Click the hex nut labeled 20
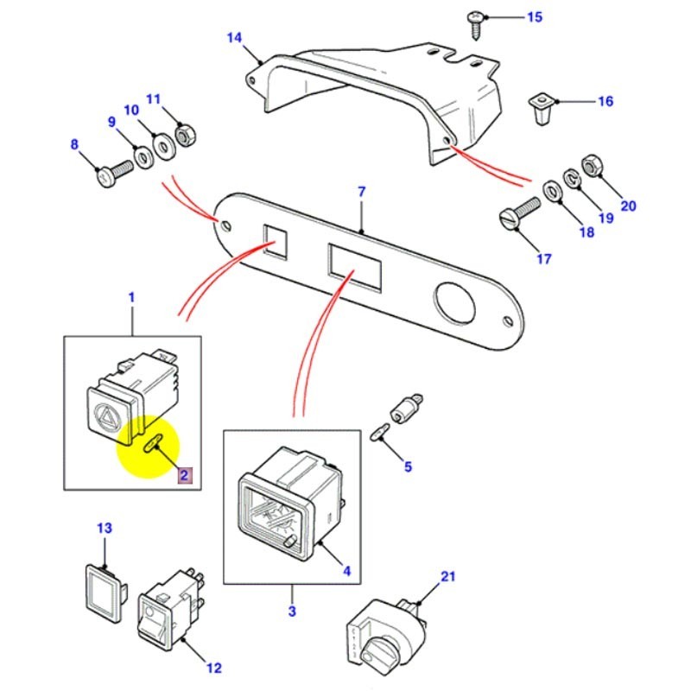593,164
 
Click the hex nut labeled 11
184,134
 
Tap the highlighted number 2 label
182,473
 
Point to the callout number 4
346,571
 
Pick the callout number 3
292,612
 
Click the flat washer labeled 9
139,157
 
